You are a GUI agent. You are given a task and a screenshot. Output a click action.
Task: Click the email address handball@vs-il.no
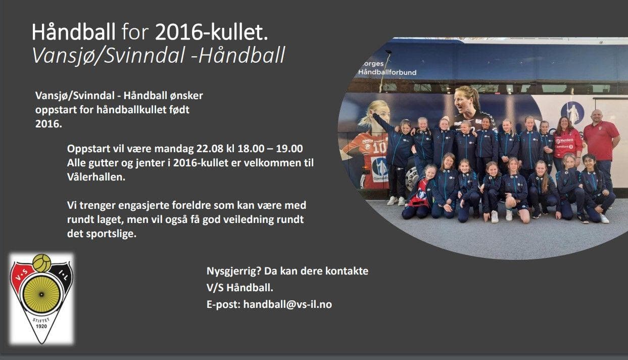(x=287, y=304)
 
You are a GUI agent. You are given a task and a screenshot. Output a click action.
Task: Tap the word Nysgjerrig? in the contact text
(x=234, y=272)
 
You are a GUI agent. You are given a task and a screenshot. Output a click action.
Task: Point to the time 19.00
(x=289, y=149)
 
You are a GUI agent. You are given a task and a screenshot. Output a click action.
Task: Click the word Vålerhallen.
(x=96, y=177)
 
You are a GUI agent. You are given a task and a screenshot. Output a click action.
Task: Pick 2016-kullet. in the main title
(x=211, y=32)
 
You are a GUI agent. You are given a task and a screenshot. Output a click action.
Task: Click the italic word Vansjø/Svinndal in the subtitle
(x=109, y=55)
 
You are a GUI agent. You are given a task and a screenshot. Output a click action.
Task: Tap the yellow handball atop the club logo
(x=42, y=263)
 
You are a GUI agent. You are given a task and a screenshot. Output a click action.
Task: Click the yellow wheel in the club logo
(x=41, y=294)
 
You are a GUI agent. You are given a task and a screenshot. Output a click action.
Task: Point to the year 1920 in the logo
(x=41, y=326)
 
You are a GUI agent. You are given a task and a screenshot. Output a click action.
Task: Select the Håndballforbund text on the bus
(x=387, y=72)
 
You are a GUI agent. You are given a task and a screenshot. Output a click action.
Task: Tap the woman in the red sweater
(x=566, y=140)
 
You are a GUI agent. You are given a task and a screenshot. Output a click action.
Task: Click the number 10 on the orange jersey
(x=379, y=148)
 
